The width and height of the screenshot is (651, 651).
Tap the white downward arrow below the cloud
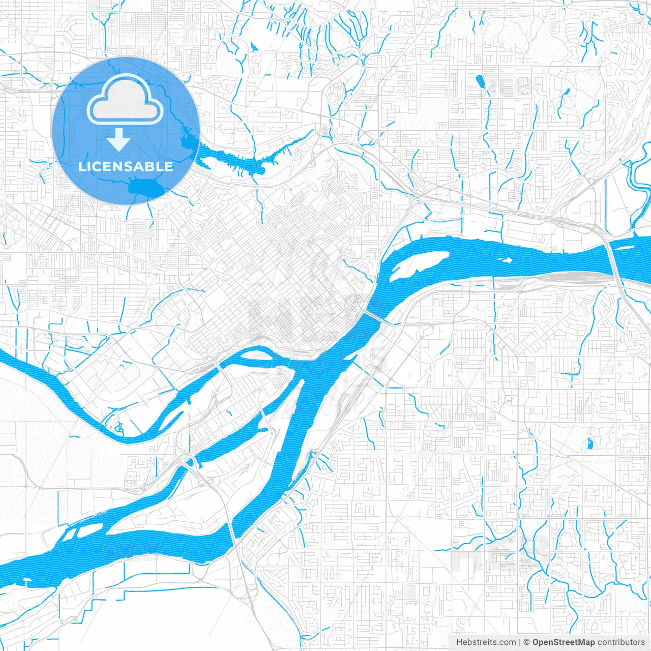(119, 139)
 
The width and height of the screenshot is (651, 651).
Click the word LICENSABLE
(126, 166)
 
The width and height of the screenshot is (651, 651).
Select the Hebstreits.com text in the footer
(486, 642)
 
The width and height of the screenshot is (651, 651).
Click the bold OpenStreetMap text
(563, 642)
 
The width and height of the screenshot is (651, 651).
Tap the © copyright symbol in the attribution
(526, 642)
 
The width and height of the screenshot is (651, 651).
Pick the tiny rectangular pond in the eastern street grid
(590, 443)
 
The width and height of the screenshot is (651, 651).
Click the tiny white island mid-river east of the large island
(507, 260)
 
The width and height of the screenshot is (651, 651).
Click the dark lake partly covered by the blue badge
(147, 188)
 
